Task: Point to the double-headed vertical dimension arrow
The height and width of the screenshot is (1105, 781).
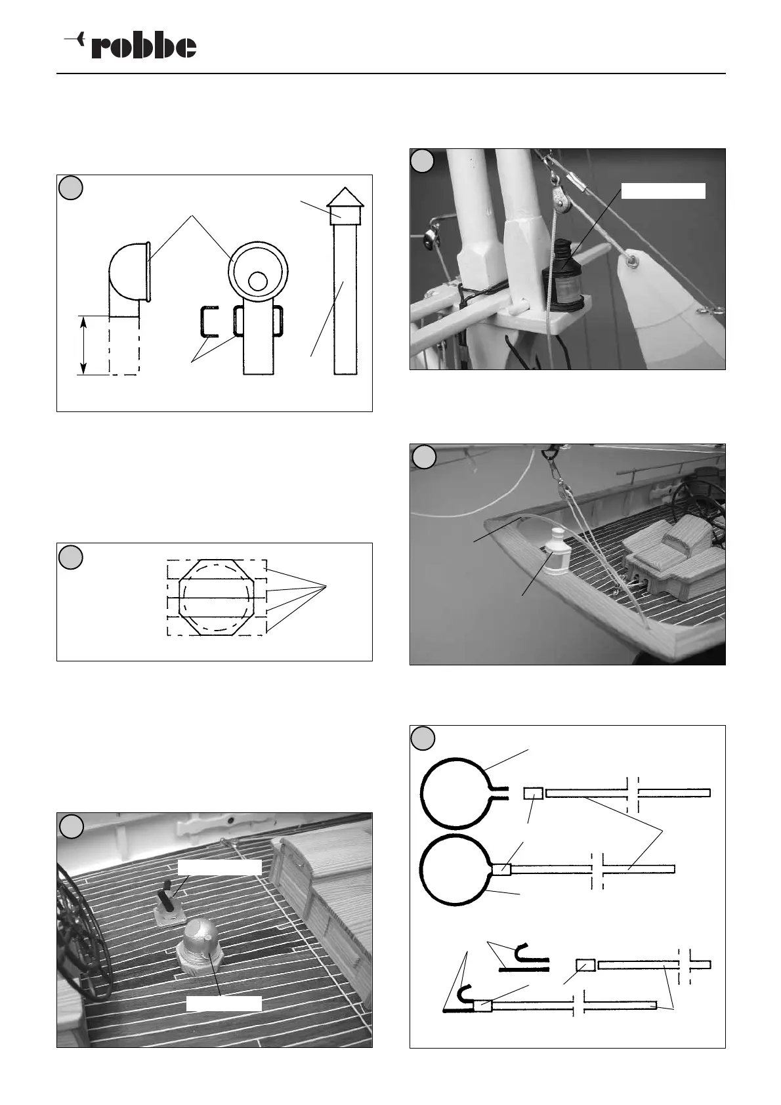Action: point(83,345)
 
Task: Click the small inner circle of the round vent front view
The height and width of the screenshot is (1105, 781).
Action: point(258,281)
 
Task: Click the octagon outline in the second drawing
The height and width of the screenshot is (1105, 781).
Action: point(216,597)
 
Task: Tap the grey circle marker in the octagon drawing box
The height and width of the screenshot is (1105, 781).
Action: point(71,556)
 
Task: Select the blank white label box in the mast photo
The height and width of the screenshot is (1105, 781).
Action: point(663,190)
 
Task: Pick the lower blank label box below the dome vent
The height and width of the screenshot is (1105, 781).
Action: point(224,1003)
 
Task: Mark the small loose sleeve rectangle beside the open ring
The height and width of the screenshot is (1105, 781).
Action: point(533,793)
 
